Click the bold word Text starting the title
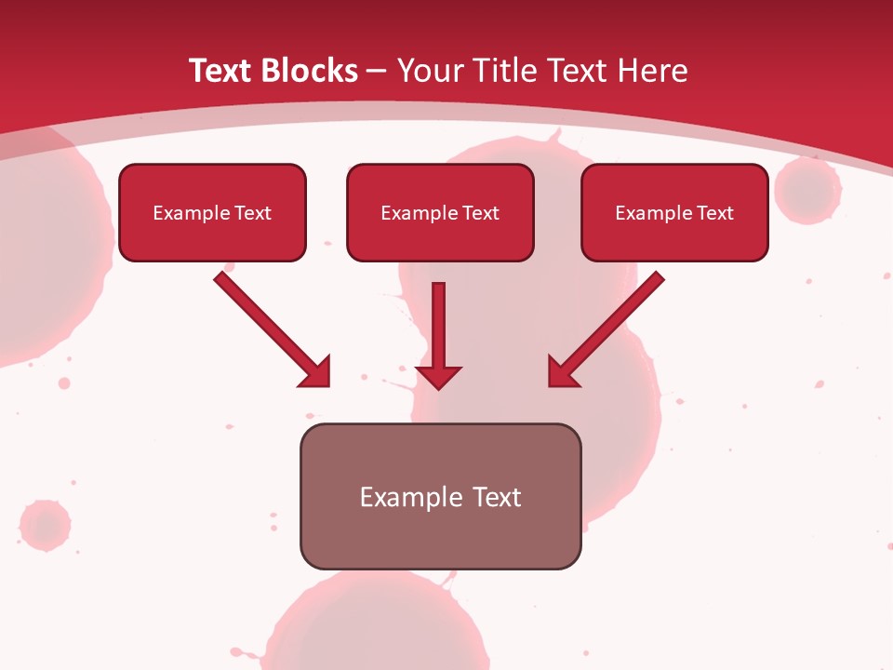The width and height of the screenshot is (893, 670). pos(223,71)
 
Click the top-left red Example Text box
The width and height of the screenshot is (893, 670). pos(212,212)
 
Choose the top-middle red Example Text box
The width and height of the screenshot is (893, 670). pos(440,212)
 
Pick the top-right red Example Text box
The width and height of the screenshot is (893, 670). pos(674,212)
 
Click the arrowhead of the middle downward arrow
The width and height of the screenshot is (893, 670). pos(438,376)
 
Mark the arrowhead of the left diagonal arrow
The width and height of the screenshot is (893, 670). pos(316,372)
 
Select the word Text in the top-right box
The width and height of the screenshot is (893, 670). pos(714,213)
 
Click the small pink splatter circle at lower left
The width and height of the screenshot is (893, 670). pos(44,525)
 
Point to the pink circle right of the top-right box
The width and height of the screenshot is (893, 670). pos(807,190)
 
